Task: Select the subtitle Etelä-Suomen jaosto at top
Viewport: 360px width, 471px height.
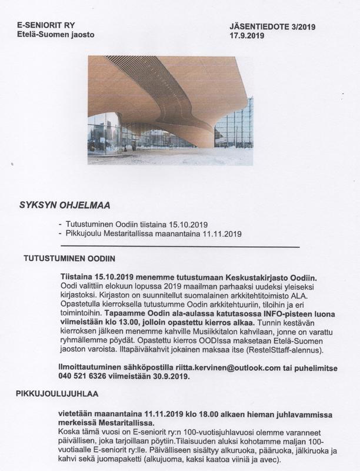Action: click(55, 35)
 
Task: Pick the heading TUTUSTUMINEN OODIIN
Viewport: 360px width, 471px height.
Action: click(69, 258)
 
